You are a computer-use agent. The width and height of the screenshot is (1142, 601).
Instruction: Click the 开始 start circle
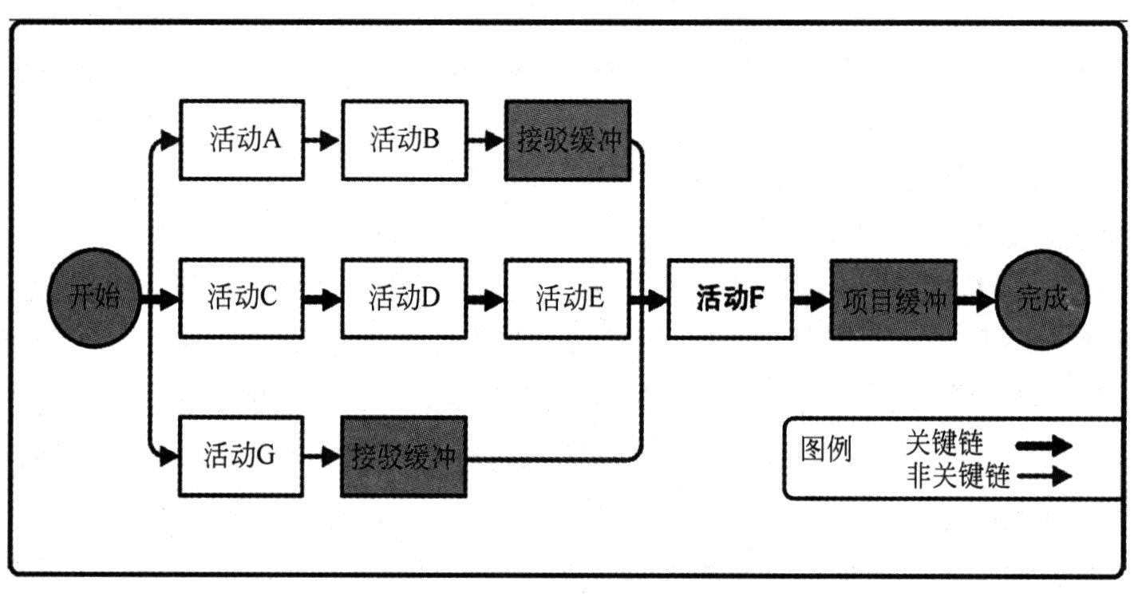point(94,299)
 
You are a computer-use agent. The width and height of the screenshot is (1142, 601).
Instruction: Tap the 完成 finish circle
point(1041,299)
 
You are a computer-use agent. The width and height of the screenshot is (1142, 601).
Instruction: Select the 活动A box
point(242,140)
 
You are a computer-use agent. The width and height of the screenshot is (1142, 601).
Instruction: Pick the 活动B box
point(405,140)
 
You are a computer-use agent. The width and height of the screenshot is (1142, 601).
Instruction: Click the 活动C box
point(242,299)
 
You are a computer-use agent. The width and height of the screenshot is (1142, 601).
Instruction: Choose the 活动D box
point(405,299)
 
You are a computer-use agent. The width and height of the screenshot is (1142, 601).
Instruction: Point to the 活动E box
point(567,299)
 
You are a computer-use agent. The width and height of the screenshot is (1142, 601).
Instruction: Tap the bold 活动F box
point(730,299)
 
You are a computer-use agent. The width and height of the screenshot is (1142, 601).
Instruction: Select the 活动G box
point(242,457)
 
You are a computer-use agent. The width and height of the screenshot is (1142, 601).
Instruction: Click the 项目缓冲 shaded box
point(893,299)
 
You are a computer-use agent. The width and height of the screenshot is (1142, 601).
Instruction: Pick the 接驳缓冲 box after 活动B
point(567,140)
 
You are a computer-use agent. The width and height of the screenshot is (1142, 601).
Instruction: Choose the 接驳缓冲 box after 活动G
point(404,457)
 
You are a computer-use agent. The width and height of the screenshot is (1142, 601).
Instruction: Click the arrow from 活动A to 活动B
point(323,140)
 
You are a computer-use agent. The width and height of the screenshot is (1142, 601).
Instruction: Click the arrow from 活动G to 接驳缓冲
point(323,457)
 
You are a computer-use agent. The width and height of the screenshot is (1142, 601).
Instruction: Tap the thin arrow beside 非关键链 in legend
point(1044,476)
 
